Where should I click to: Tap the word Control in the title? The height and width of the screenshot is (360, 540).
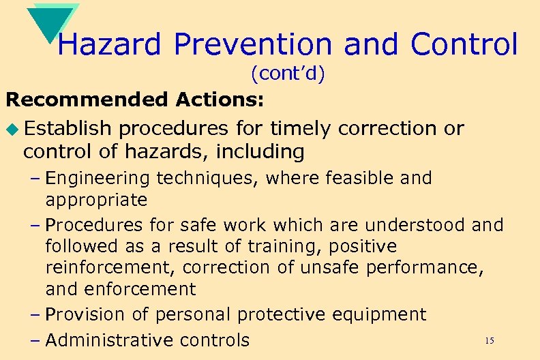tap(464, 45)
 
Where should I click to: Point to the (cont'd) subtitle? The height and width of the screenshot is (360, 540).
tap(287, 73)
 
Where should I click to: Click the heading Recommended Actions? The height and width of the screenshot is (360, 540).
tap(135, 100)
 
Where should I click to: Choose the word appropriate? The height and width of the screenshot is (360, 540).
tap(96, 200)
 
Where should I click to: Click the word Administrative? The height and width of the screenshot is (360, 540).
tap(112, 340)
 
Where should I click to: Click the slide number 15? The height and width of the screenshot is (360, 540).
tap(488, 340)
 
